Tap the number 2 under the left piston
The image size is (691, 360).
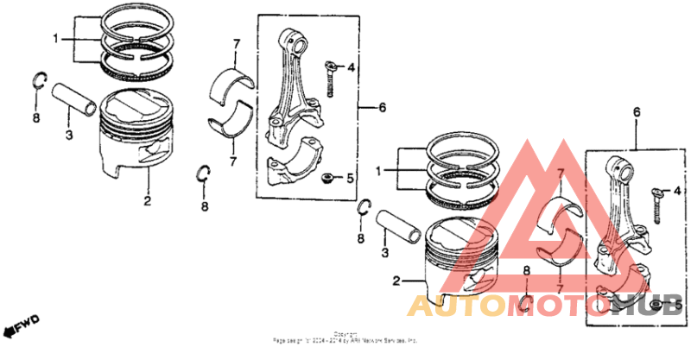coord(148,201)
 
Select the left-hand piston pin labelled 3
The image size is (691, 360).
coord(78,97)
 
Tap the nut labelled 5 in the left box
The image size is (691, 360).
coord(328,179)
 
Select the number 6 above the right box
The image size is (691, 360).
coord(637,113)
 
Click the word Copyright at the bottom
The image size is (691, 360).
coord(345,333)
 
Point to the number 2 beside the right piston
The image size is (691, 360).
coord(396,281)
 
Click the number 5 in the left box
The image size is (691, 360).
coord(350,180)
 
